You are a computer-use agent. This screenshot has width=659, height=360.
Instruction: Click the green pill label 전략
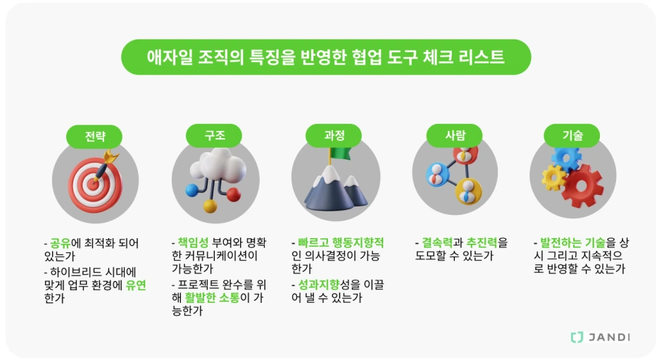tap(94, 135)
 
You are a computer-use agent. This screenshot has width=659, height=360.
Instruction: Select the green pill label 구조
tap(214, 135)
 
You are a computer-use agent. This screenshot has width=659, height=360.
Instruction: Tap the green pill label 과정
tap(334, 135)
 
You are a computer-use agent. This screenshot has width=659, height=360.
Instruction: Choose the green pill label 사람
tap(455, 135)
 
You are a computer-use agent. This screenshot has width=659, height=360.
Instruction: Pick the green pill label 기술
tap(572, 135)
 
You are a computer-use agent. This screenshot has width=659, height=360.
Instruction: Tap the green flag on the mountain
tap(340, 154)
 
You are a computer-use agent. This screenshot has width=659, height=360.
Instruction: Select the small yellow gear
tap(553, 178)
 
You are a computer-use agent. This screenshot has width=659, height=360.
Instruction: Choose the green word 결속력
tap(438, 243)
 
